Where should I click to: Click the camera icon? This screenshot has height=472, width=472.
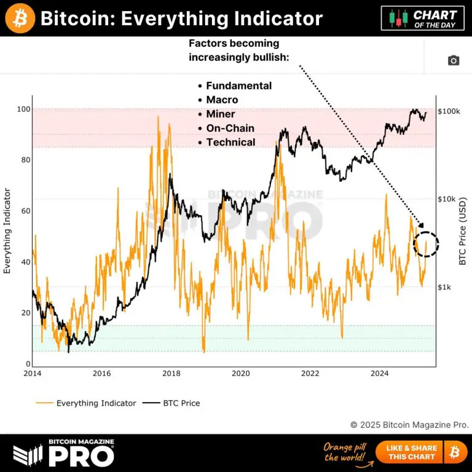(454, 60)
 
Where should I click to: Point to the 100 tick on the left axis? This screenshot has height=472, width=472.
(24, 109)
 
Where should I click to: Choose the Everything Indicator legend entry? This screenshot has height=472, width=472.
(96, 403)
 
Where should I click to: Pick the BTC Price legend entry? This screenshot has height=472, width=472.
(181, 403)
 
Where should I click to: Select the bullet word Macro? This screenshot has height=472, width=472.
(222, 100)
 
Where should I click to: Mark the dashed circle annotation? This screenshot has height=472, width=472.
(426, 244)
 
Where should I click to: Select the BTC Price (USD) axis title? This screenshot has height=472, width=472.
(463, 230)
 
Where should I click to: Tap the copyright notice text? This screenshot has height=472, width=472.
(409, 424)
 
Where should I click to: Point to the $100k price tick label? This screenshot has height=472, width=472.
(450, 111)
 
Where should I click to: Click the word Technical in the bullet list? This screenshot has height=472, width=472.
(230, 142)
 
